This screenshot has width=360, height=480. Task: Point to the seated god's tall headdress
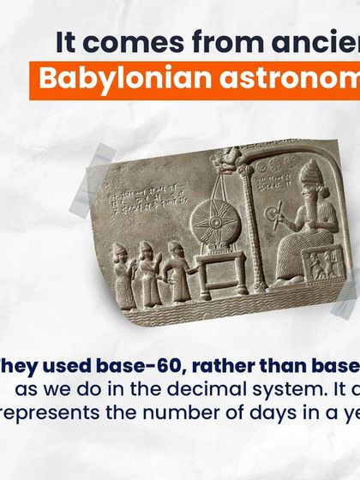309,175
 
